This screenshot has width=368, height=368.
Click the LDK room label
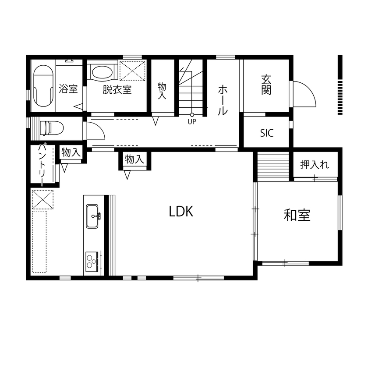tap(181, 212)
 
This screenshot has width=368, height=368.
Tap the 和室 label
tap(297, 215)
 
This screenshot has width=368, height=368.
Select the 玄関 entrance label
tap(266, 85)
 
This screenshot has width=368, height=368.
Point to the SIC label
tap(266, 133)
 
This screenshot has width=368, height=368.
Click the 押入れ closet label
tap(315, 165)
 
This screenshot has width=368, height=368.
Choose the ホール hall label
tap(223, 100)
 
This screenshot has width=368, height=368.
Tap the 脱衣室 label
tap(117, 90)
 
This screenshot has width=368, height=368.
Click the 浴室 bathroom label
tap(68, 89)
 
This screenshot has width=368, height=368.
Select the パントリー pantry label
tap(43, 165)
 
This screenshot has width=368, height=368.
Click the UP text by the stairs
tap(192, 122)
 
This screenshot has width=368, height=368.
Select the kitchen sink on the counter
tap(92, 216)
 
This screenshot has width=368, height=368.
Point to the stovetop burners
tap(91, 262)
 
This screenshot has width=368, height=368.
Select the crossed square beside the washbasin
tap(132, 71)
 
